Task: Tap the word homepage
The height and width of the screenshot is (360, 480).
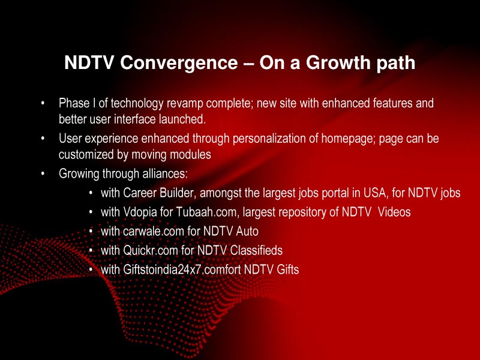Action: click(x=347, y=139)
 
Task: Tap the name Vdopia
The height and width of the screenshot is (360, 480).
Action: click(x=140, y=212)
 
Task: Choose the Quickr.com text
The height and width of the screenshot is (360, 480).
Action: click(x=149, y=250)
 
